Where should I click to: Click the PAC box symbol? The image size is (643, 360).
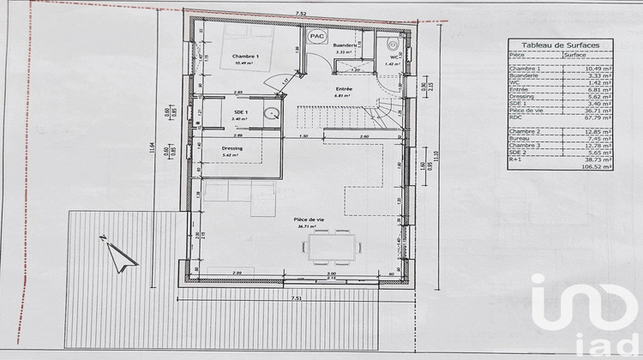point(316,36)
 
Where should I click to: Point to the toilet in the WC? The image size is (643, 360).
point(393,42)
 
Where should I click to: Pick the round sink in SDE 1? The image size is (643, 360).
point(270,113)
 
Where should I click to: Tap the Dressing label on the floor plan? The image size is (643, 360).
point(231,148)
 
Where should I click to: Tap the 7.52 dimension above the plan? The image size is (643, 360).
point(301,14)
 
